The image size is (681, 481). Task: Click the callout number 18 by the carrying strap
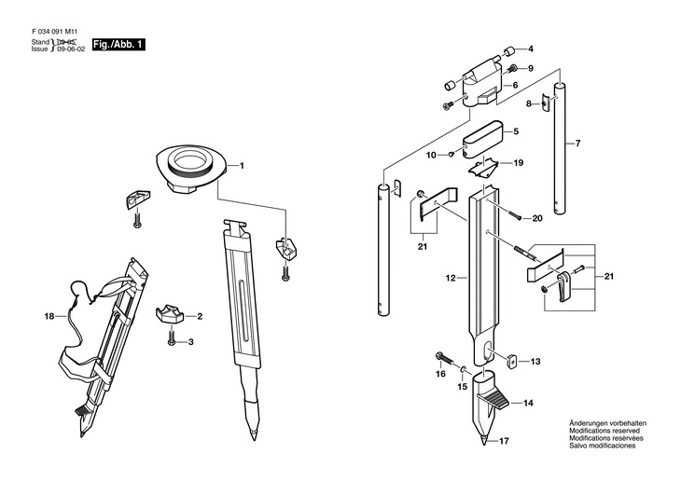tap(49, 317)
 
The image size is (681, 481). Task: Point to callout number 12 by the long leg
tap(450, 279)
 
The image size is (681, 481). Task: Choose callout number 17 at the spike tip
tap(505, 441)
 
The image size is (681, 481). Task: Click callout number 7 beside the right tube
tap(577, 144)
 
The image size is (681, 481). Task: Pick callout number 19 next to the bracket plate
tap(519, 162)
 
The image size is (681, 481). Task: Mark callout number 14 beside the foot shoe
tap(527, 404)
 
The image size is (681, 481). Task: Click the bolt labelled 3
tap(173, 342)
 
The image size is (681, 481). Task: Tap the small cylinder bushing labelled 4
tap(509, 49)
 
